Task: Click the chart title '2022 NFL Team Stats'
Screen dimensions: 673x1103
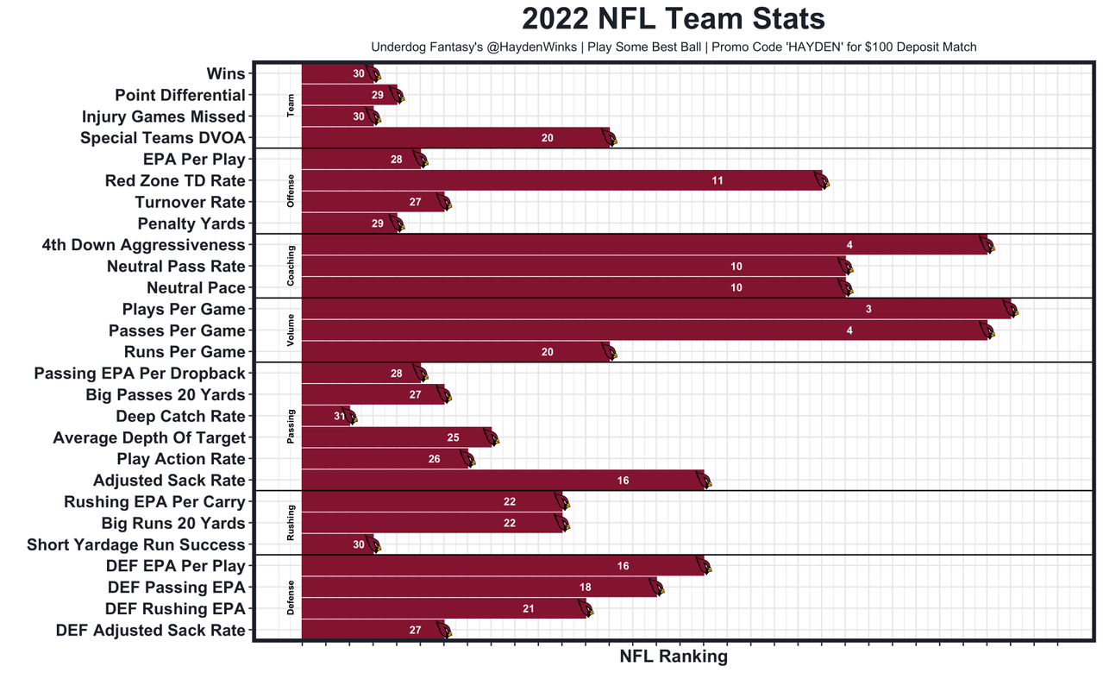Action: tap(673, 19)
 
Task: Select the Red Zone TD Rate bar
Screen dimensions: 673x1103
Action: tap(561, 180)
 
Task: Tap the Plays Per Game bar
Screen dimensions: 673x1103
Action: tap(655, 309)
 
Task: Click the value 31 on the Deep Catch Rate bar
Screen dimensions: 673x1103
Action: tap(339, 416)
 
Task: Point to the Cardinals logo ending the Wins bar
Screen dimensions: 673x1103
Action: tap(373, 74)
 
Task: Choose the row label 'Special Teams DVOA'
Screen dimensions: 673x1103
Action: tap(163, 138)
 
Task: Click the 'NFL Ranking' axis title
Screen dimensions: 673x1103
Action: tap(674, 657)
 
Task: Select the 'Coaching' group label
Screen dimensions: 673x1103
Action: tap(291, 266)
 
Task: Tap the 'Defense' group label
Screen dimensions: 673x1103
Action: tap(291, 598)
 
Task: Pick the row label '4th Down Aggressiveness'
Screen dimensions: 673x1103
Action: tap(143, 245)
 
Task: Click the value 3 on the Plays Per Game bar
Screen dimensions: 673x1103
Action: tap(868, 309)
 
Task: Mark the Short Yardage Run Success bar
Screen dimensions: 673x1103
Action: tap(337, 544)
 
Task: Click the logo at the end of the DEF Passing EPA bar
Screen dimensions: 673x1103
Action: tap(656, 588)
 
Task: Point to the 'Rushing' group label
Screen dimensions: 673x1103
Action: tap(291, 523)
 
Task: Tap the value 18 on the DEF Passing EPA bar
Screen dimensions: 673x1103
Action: tap(586, 588)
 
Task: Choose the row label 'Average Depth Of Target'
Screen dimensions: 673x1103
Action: tap(149, 437)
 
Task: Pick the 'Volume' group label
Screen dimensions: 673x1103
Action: tap(291, 330)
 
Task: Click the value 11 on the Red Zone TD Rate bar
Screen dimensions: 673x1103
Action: tap(718, 180)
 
